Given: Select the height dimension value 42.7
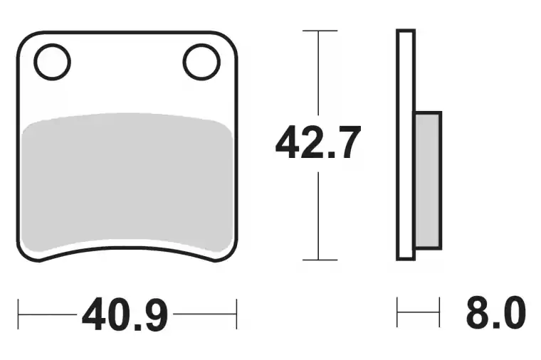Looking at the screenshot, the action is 318,142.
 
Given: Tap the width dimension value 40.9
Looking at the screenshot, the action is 125,314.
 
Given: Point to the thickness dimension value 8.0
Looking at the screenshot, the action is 496,312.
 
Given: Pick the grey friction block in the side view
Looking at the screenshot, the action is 428,180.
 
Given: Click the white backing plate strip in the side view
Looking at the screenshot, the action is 406,144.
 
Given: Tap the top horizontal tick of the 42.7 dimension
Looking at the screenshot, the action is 320,31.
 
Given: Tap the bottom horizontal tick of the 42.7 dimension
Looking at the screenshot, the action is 320,260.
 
